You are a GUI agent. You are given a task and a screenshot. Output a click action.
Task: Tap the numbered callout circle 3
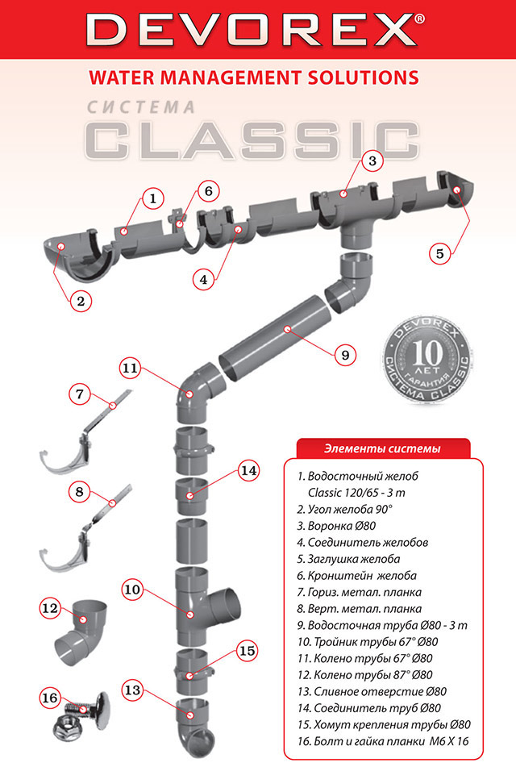pyautogui.click(x=372, y=160)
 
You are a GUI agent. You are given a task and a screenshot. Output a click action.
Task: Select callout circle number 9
pyautogui.click(x=345, y=355)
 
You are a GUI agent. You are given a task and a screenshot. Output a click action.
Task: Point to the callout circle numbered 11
pyautogui.click(x=131, y=368)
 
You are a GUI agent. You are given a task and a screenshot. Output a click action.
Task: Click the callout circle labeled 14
pyautogui.click(x=248, y=470)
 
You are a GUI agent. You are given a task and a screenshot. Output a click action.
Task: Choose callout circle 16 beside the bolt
pyautogui.click(x=50, y=698)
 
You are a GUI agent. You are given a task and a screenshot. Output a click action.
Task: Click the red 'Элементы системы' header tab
pyautogui.click(x=383, y=448)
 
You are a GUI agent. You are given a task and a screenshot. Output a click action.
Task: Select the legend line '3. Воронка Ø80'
pyautogui.click(x=336, y=526)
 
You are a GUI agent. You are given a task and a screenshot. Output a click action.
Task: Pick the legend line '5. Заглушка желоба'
pyautogui.click(x=348, y=559)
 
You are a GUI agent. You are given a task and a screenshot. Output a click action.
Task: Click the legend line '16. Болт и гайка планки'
pyautogui.click(x=383, y=741)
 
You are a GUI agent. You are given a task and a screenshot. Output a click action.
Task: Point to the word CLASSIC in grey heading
pyautogui.click(x=252, y=141)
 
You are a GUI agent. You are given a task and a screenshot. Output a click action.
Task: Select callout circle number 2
pyautogui.click(x=81, y=301)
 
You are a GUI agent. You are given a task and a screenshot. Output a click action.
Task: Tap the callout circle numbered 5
pyautogui.click(x=439, y=253)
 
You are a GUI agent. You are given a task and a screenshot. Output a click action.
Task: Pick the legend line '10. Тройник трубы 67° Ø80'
pyautogui.click(x=367, y=642)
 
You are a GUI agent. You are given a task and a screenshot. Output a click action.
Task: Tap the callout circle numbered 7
pyautogui.click(x=80, y=394)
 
